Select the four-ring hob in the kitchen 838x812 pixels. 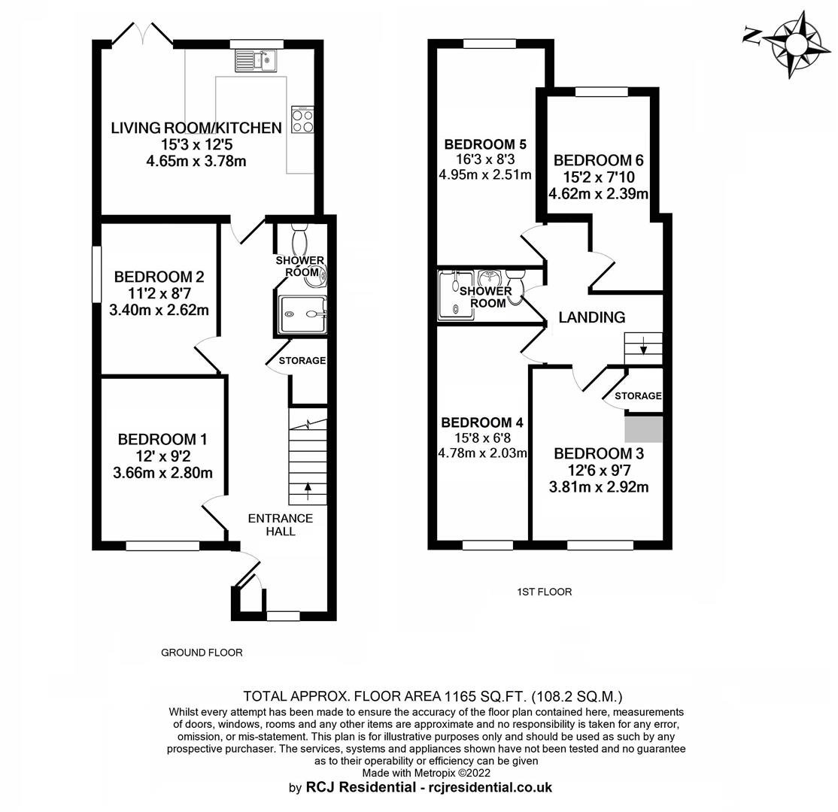click(x=302, y=120)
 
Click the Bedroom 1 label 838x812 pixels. click(x=162, y=439)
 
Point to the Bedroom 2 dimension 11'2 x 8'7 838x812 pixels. click(x=159, y=293)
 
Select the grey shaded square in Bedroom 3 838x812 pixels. click(x=643, y=429)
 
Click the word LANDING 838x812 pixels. click(x=591, y=317)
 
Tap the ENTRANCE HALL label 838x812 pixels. click(x=281, y=525)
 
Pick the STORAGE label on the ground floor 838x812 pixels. click(x=302, y=361)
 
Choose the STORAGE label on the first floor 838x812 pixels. click(x=638, y=395)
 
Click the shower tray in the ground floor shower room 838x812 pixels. click(x=302, y=314)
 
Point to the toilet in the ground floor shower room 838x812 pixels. click(x=299, y=238)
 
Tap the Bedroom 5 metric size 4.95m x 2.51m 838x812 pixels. click(x=484, y=174)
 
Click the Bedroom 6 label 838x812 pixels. click(x=599, y=160)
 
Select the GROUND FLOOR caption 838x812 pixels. click(x=202, y=653)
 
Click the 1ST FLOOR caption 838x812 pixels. click(x=544, y=592)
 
